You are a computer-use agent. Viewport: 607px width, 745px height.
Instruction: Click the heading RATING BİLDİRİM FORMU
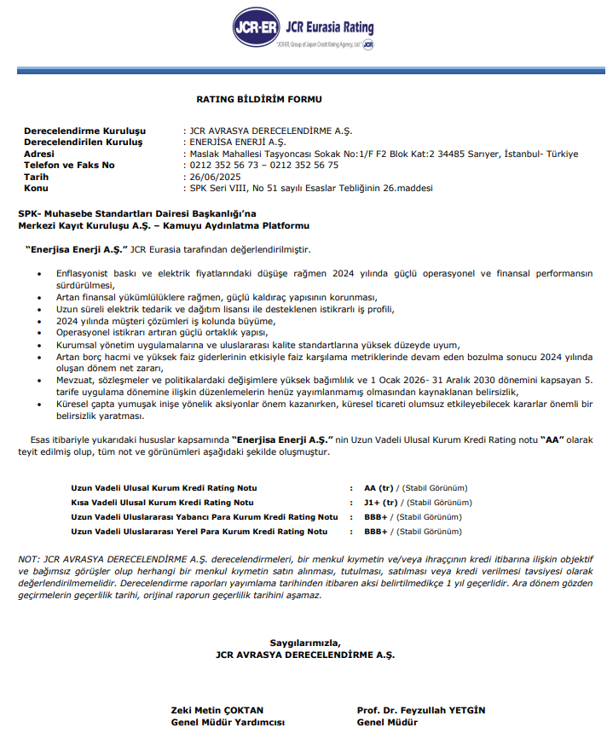258,100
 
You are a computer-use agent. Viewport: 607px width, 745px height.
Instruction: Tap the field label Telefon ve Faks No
69,165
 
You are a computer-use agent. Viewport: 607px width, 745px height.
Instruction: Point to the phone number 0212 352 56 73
223,165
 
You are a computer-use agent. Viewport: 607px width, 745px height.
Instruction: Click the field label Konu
36,188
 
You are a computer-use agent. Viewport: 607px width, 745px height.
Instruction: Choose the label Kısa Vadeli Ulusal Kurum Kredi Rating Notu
162,503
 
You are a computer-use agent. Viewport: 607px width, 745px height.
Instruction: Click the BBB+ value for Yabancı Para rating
376,517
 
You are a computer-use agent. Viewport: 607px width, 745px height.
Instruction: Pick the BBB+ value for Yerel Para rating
376,531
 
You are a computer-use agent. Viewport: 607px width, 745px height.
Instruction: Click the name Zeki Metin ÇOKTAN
217,710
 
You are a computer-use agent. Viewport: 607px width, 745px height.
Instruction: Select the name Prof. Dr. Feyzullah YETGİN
422,710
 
